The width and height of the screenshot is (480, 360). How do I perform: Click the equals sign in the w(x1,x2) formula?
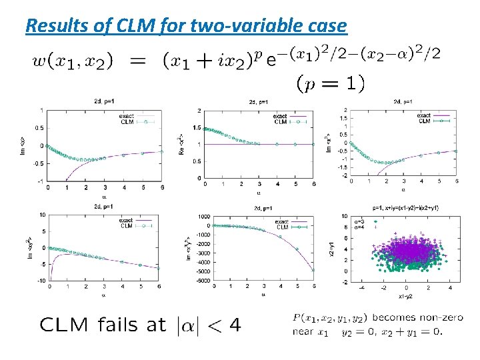click(x=137, y=61)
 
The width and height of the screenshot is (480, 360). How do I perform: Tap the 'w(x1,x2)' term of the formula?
click(x=72, y=61)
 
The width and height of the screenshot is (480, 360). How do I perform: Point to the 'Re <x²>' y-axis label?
click(x=181, y=145)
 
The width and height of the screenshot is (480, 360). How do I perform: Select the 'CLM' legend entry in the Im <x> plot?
click(x=127, y=122)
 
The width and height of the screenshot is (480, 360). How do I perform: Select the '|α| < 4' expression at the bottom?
click(x=207, y=325)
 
